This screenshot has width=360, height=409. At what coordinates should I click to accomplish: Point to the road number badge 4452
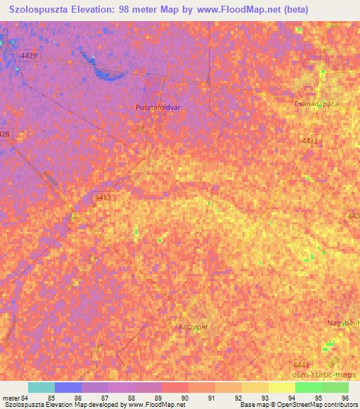pyautogui.click(x=102, y=199)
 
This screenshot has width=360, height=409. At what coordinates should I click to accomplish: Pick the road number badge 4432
pyautogui.click(x=309, y=141)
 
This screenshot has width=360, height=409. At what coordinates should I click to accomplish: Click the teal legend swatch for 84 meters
pyautogui.click(x=41, y=387)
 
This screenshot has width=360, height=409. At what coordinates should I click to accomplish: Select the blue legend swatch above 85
pyautogui.click(x=68, y=387)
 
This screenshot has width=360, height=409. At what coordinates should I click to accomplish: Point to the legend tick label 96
pyautogui.click(x=345, y=398)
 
